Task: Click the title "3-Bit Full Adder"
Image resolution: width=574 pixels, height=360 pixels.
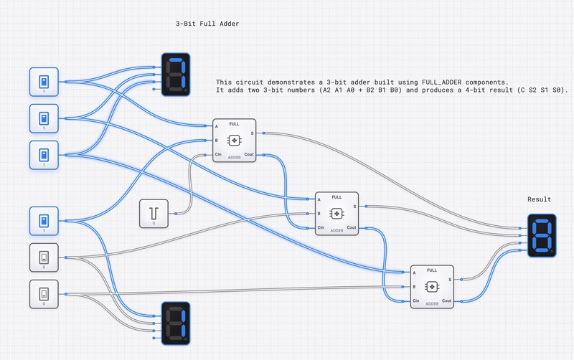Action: pyautogui.click(x=207, y=24)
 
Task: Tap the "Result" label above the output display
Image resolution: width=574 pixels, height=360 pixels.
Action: pyautogui.click(x=539, y=199)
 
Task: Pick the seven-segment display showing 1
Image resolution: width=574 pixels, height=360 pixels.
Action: pyautogui.click(x=175, y=321)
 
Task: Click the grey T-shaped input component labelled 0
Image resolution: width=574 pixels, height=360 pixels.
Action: pyautogui.click(x=154, y=214)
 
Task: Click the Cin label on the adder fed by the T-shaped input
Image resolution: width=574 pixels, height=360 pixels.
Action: pyautogui.click(x=218, y=154)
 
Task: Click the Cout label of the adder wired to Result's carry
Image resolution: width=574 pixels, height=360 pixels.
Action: pyautogui.click(x=446, y=300)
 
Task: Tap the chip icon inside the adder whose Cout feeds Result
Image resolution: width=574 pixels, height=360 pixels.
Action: pyautogui.click(x=432, y=286)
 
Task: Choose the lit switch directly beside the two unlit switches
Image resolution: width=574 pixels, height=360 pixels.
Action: pyautogui.click(x=43, y=220)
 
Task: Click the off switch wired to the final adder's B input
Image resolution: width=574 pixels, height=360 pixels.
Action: pyautogui.click(x=43, y=293)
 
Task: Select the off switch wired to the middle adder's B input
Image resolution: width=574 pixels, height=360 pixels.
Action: pyautogui.click(x=43, y=257)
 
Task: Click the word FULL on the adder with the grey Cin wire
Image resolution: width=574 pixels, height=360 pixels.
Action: pyautogui.click(x=235, y=124)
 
